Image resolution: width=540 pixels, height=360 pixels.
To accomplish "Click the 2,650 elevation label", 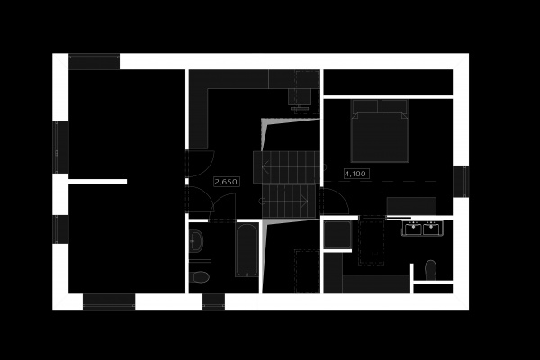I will (x=226, y=182).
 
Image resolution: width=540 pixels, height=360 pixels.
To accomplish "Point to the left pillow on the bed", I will (x=366, y=107).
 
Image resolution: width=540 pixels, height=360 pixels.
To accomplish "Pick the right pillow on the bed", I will (x=394, y=107).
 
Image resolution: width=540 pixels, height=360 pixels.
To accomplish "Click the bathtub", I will (x=247, y=249).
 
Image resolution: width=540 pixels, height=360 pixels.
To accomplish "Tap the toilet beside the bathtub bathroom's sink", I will (x=201, y=276).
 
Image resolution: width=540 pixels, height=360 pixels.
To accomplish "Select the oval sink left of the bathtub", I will (x=197, y=241).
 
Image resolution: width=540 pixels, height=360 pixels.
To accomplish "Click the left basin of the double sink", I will (x=413, y=229).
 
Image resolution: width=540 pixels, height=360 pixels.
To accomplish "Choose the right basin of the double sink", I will (x=432, y=229).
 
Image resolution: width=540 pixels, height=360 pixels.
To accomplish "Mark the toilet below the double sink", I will (x=430, y=268).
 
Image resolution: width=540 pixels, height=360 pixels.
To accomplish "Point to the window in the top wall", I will (x=94, y=61).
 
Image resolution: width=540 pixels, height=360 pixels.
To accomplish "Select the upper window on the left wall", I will (x=60, y=147).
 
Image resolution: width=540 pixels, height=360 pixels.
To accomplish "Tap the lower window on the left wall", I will (x=60, y=229).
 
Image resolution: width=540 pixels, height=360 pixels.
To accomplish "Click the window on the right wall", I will (x=461, y=181).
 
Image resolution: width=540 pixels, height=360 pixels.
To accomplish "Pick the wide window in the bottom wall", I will (x=108, y=301).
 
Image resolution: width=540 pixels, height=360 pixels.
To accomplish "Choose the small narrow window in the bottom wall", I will (x=213, y=301).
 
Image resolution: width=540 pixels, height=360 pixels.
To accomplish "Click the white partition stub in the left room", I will (x=97, y=181).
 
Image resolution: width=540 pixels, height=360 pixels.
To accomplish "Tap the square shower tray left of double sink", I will (x=337, y=235).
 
